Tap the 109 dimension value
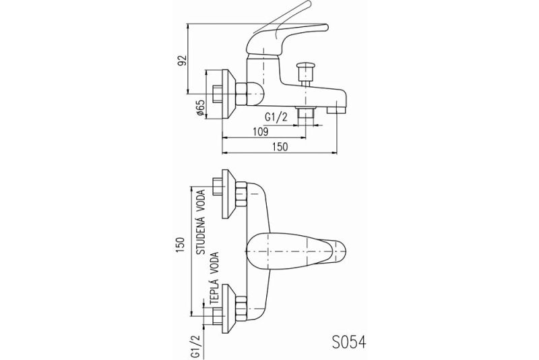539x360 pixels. (x=260, y=131)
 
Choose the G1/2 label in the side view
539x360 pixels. (x=278, y=117)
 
